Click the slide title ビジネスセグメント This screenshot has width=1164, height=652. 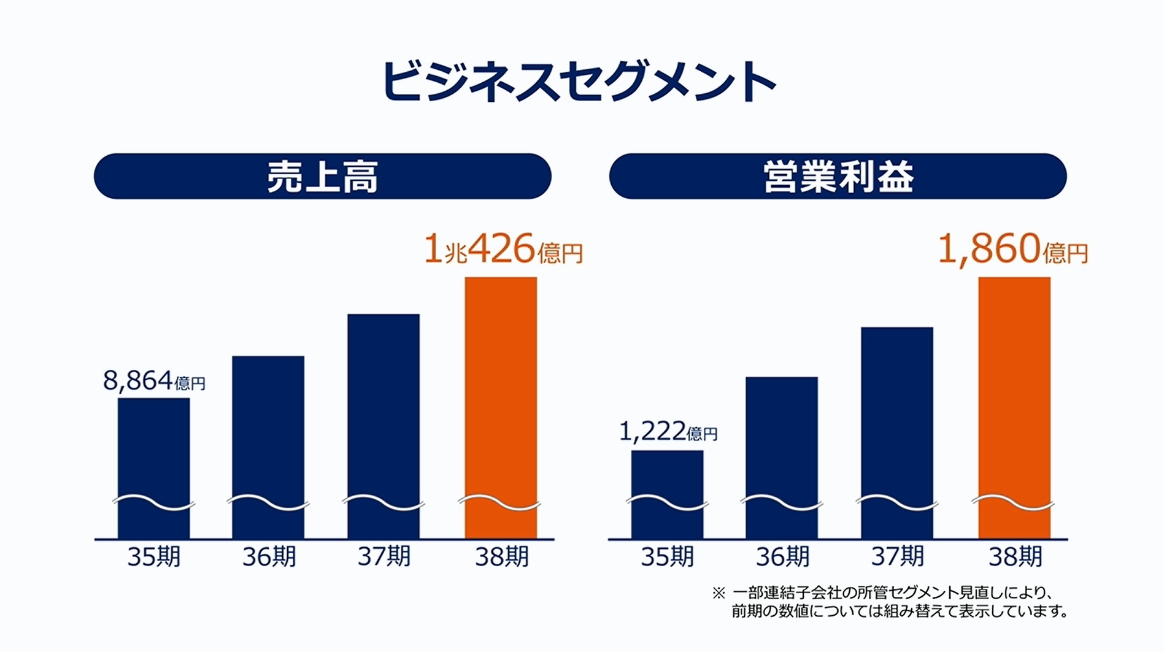[x=579, y=82]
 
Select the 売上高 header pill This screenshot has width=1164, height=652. [x=322, y=176]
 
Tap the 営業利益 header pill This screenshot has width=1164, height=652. [x=838, y=176]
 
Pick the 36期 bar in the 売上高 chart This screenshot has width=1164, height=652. [x=268, y=429]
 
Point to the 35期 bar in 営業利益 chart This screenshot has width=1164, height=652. [x=667, y=478]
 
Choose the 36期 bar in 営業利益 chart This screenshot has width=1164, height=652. [x=782, y=442]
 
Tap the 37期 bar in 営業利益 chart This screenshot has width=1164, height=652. [x=897, y=417]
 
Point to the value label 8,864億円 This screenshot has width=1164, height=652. [x=154, y=382]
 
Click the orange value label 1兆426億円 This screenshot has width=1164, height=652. [x=503, y=250]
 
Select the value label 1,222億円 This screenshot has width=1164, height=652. [x=668, y=432]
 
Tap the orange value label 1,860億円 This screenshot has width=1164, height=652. [x=1013, y=250]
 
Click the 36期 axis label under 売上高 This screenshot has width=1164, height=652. [x=269, y=557]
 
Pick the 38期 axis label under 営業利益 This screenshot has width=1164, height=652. [x=1015, y=557]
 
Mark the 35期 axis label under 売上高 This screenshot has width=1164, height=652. [x=153, y=557]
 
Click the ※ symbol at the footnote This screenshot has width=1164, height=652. [x=718, y=594]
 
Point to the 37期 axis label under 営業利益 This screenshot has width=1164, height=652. [x=897, y=557]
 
